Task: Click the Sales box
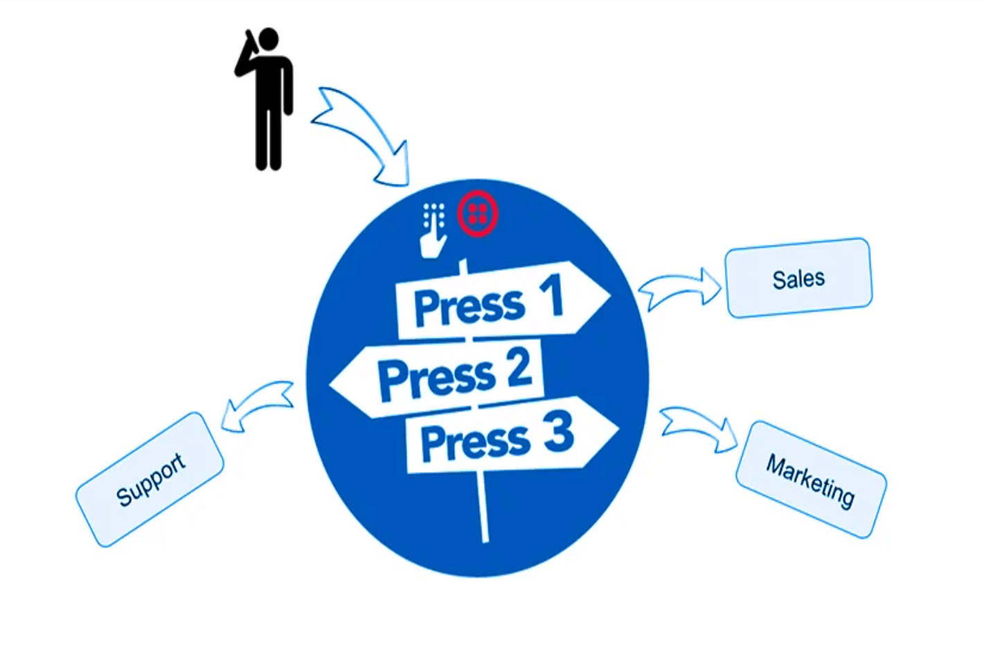798,279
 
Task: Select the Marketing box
810,479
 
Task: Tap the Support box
150,479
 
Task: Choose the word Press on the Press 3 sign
475,443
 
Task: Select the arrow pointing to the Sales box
680,288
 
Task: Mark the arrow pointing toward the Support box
256,405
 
